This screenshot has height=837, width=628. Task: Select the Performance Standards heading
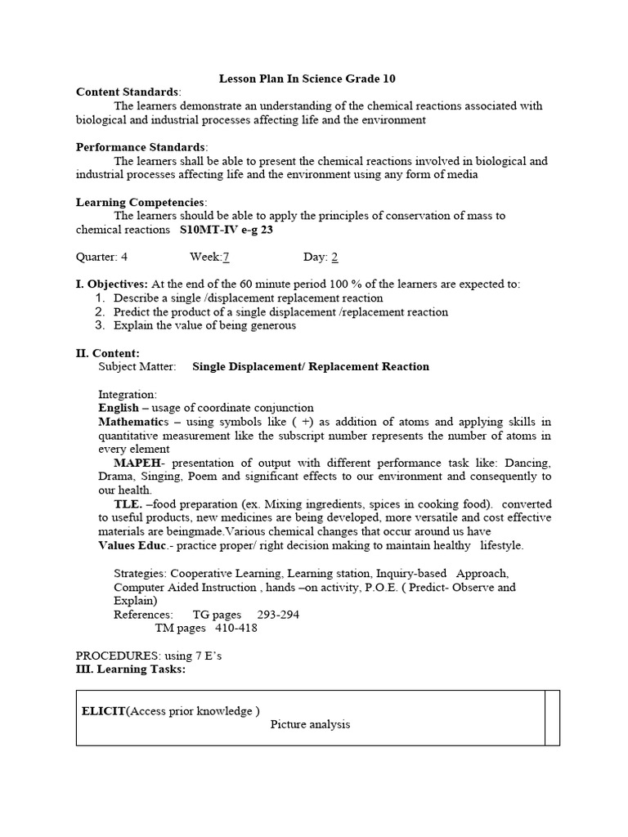click(141, 147)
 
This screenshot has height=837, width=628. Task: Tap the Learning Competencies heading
click(140, 202)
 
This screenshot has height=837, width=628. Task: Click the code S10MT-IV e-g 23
click(227, 230)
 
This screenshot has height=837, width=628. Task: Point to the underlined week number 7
click(226, 257)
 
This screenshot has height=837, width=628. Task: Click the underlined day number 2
click(334, 257)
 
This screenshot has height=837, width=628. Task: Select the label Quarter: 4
click(101, 257)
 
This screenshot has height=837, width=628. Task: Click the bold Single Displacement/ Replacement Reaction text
click(311, 367)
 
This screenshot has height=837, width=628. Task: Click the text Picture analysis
click(310, 724)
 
